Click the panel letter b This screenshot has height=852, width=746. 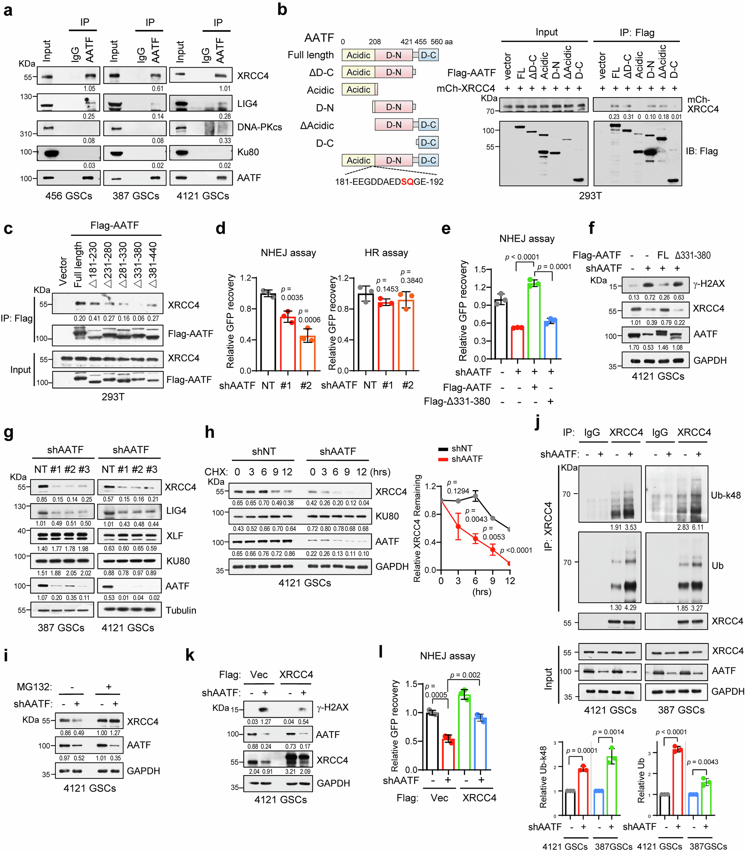coord(282,9)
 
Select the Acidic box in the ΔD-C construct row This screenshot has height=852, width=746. coord(358,72)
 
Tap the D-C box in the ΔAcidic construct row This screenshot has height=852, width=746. coord(428,125)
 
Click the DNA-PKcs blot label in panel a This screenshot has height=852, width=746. coord(259,127)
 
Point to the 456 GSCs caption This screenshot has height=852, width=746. coord(69,196)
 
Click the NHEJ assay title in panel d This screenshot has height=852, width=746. coord(288,253)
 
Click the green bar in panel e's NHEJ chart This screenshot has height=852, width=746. coord(534,321)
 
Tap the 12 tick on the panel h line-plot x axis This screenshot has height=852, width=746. coord(510,581)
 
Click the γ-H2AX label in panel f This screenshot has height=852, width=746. coord(709,284)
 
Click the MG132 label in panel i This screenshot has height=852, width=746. coord(34,686)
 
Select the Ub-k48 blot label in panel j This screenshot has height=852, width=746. coord(726,495)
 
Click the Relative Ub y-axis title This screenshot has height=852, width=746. coord(641,780)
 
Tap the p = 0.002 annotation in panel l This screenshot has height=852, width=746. coord(465,675)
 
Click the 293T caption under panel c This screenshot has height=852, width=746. coord(113,397)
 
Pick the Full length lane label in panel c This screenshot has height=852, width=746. coord(78,265)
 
